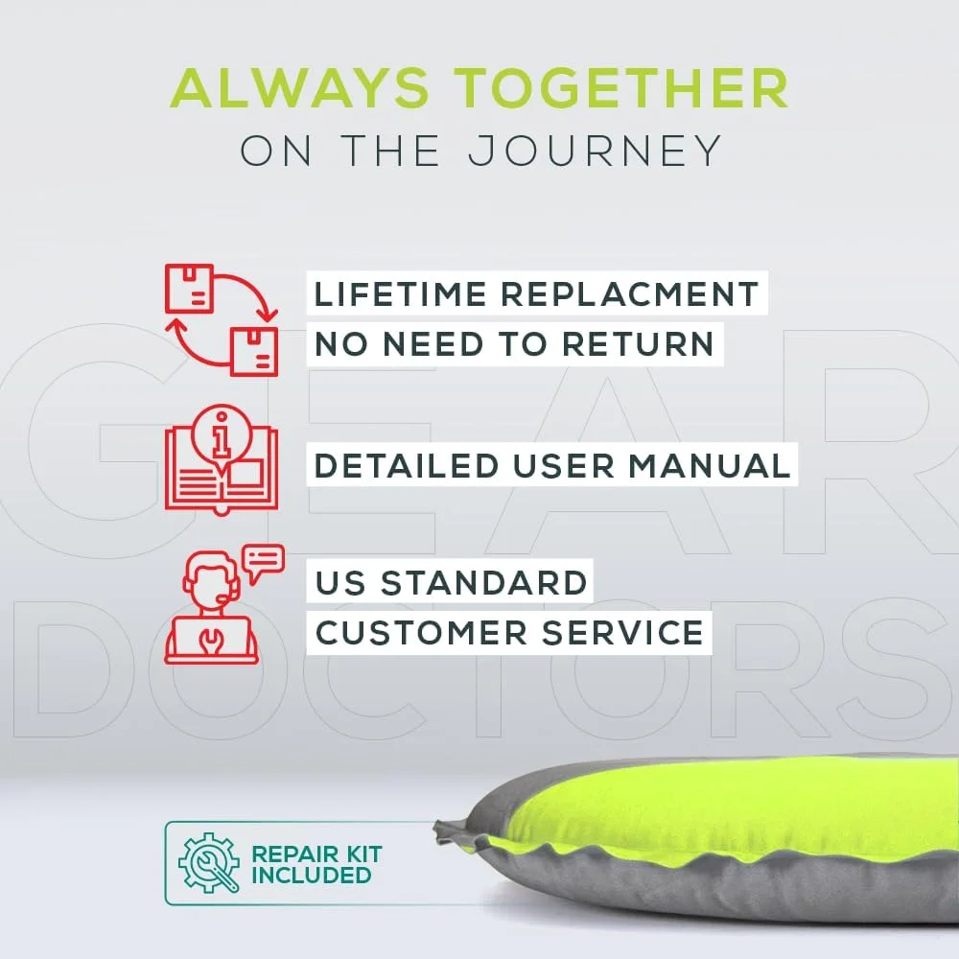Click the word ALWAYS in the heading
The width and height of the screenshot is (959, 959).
pos(299,87)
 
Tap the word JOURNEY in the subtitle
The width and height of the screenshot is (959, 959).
pos(595,151)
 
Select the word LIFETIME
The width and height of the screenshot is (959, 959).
pos(400,293)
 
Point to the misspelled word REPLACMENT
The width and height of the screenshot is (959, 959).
pos(629,293)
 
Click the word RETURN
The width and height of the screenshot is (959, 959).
pos(638,343)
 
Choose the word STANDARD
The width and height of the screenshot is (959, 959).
pos(483,582)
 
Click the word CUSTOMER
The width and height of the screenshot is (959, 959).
pos(421,632)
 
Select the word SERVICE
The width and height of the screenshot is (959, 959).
pos(622,632)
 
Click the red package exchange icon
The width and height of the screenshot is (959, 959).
pos(222,320)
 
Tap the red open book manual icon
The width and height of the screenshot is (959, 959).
pos(222,460)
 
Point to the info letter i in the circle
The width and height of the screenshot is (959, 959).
pos(221,435)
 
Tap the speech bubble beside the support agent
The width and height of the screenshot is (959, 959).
pos(263,562)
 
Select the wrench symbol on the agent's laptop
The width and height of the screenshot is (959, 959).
pos(210,640)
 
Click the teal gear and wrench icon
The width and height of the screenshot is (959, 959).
pos(208,862)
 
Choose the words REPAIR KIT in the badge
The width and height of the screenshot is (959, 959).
pos(316,854)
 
